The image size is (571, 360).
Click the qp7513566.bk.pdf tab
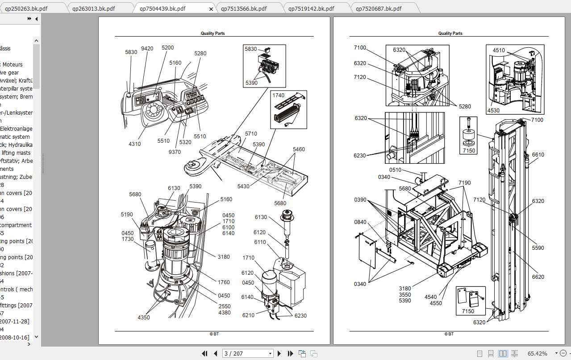tap(250, 8)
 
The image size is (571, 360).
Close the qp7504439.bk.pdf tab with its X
tap(211, 9)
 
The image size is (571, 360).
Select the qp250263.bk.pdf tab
tap(26, 8)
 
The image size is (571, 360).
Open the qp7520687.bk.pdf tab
tap(379, 8)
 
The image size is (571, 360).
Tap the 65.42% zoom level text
tap(537, 353)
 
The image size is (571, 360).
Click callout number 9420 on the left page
tap(147, 48)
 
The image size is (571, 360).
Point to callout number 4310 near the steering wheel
tap(134, 144)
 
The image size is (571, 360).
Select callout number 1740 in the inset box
tap(278, 95)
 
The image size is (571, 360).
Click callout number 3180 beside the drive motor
tap(224, 257)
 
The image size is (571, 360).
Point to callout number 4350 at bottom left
tap(144, 317)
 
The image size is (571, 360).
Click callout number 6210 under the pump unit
tap(248, 315)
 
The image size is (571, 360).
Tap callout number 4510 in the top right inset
tap(499, 50)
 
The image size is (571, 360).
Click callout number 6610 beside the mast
tap(538, 155)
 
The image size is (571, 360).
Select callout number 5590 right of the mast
tap(538, 248)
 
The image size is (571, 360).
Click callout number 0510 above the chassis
tap(395, 170)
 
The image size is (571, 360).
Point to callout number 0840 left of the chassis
tap(360, 222)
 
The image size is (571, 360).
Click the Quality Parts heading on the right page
tap(450, 33)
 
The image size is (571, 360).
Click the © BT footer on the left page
tap(214, 334)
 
